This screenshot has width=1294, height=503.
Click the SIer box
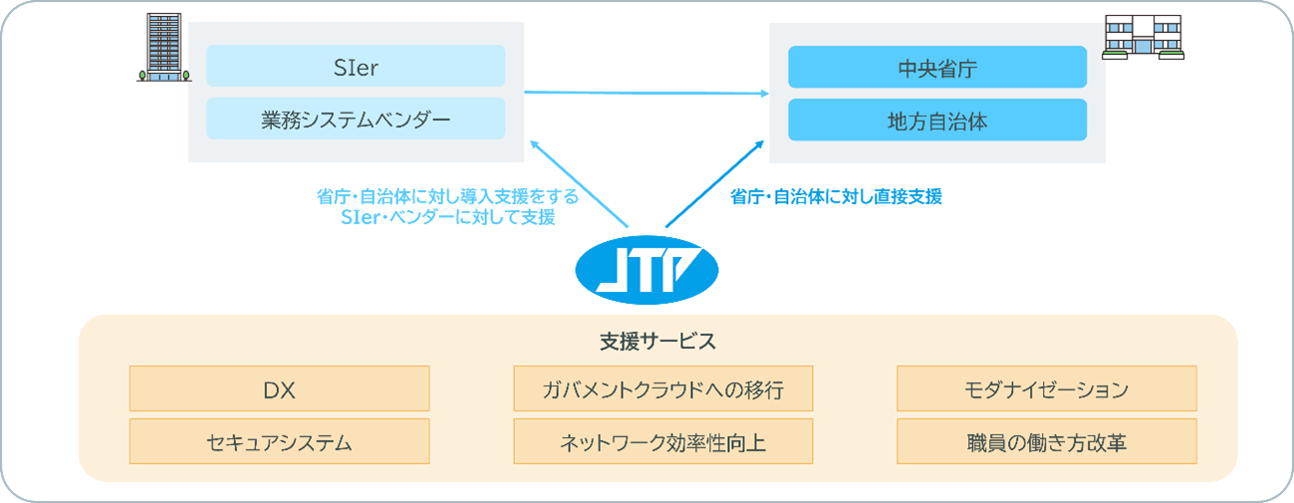coord(356,66)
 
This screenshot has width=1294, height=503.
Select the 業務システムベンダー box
coord(356,119)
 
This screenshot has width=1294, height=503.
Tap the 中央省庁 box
coord(937,67)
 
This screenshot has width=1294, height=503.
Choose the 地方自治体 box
coord(937,120)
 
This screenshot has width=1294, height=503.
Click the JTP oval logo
coord(647,270)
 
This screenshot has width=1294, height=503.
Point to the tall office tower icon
coord(164,48)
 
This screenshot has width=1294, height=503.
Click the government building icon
coord(1143,37)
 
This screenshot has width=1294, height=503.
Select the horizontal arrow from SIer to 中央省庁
coord(647,93)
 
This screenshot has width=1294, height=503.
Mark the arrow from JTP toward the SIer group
coord(579,183)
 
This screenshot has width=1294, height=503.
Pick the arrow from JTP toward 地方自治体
coord(714,183)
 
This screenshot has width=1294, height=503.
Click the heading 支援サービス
coord(658,342)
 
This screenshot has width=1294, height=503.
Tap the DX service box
coord(280,388)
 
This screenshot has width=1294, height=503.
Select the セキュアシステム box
coord(280,441)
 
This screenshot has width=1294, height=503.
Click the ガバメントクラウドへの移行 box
coord(663,388)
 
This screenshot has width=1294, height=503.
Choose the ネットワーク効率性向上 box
coord(663,441)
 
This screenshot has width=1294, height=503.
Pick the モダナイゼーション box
coord(1047,388)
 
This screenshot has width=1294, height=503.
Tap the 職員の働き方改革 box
coord(1047,441)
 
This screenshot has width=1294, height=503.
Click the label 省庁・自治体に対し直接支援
coord(836,197)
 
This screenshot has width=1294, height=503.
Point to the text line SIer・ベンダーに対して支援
coord(447,218)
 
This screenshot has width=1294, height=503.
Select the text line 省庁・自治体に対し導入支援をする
coord(447,197)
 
